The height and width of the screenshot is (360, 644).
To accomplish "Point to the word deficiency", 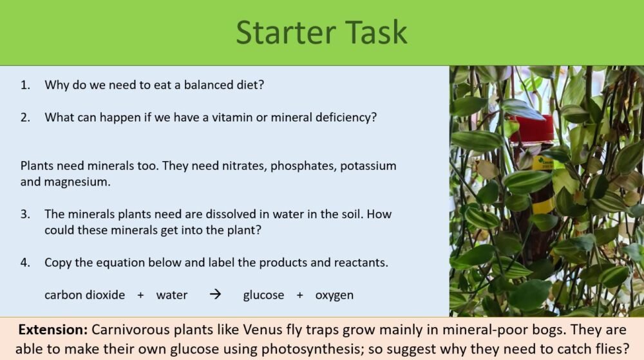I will point(346,118).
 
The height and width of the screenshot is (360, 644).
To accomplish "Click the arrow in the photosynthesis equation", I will point(216,295).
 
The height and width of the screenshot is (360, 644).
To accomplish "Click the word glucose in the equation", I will point(263,296).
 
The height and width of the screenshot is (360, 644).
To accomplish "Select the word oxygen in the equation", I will point(334,296).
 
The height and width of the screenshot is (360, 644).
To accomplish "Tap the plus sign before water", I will point(140,296).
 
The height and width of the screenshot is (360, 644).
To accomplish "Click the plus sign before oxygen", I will point(299,296).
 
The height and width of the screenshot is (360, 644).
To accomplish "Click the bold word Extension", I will point(53,330).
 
